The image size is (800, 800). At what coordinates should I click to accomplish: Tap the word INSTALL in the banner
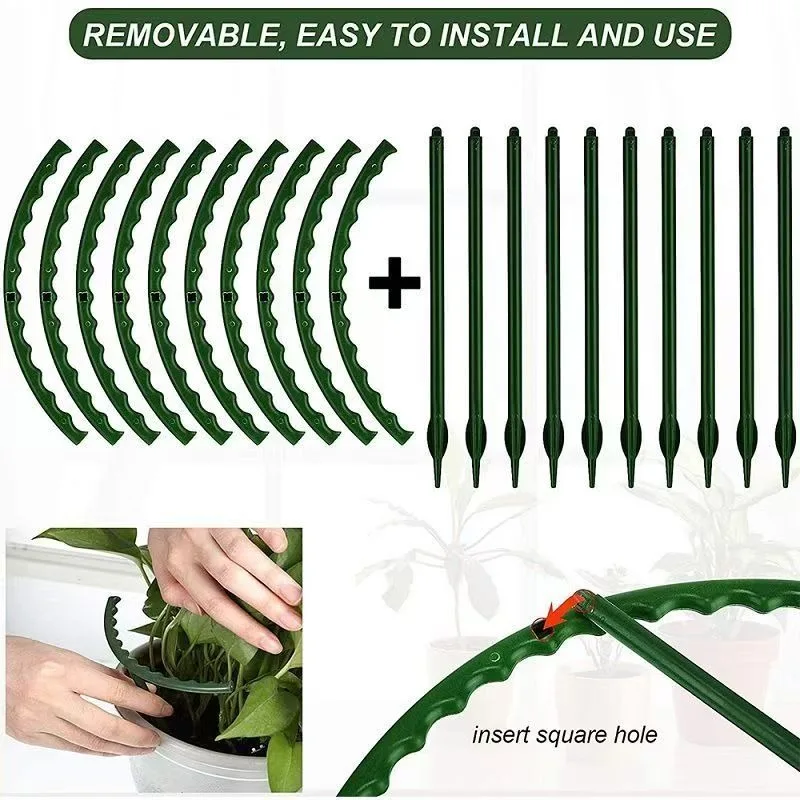498,35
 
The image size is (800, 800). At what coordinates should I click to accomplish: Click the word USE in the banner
682,35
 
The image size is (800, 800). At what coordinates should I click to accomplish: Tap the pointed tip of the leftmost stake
436,479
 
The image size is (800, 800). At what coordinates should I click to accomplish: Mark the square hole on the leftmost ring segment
12,296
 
